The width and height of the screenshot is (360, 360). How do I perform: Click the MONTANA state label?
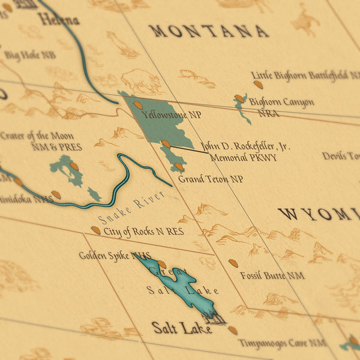208,31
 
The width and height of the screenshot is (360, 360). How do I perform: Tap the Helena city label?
58,19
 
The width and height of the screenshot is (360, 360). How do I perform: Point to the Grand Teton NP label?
210,179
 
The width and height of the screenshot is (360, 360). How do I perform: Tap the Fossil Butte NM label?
272,275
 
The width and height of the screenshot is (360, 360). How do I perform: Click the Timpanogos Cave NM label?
282,343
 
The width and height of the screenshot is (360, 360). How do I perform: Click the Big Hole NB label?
30,56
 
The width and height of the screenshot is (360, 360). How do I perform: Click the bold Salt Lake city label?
181,328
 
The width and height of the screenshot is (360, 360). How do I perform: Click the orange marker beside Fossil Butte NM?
233,263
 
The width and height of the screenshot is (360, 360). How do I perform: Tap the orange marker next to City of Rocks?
95,230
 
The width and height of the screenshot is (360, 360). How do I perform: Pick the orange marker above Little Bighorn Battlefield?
257,85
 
